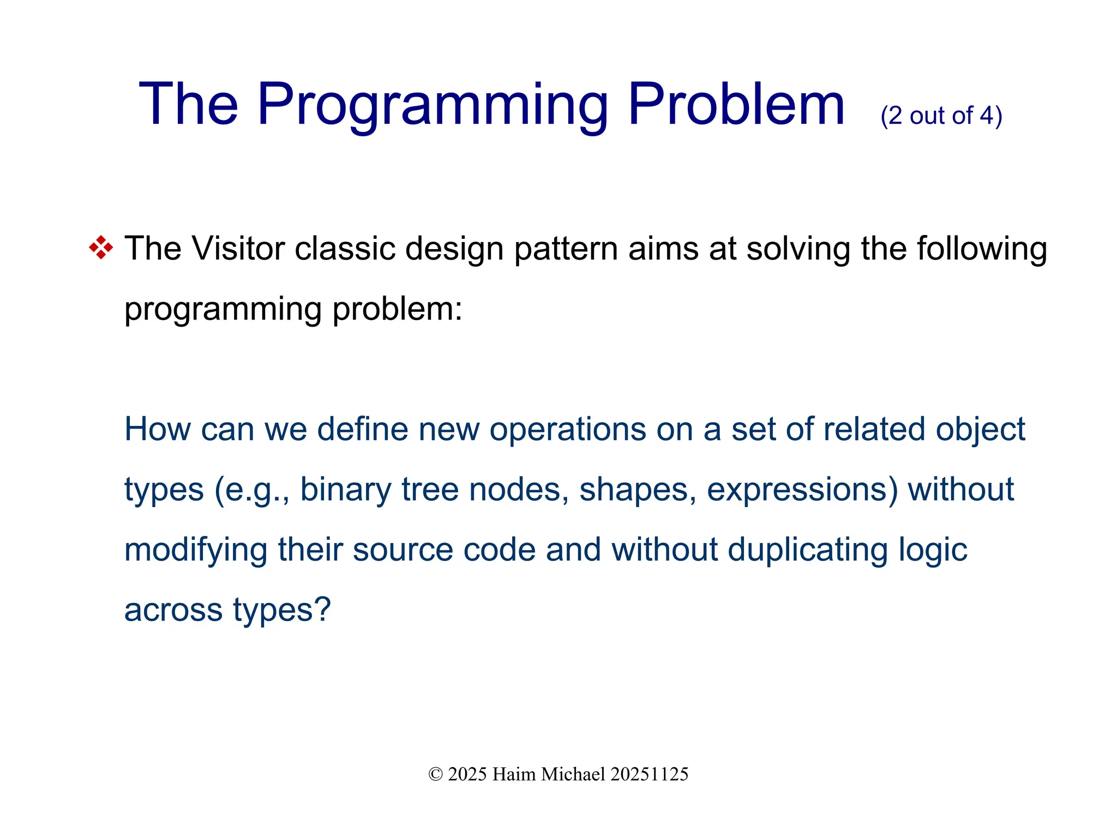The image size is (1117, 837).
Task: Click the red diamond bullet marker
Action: pos(101,248)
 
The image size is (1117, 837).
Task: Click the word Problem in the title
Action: pos(736,104)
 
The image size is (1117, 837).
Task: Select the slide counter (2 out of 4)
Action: pos(941,116)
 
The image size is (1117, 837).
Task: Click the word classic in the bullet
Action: pos(345,249)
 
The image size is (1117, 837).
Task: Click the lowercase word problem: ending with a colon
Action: pos(397,310)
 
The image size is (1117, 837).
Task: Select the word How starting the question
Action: pos(157,429)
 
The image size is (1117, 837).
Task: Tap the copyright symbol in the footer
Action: pos(435,774)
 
